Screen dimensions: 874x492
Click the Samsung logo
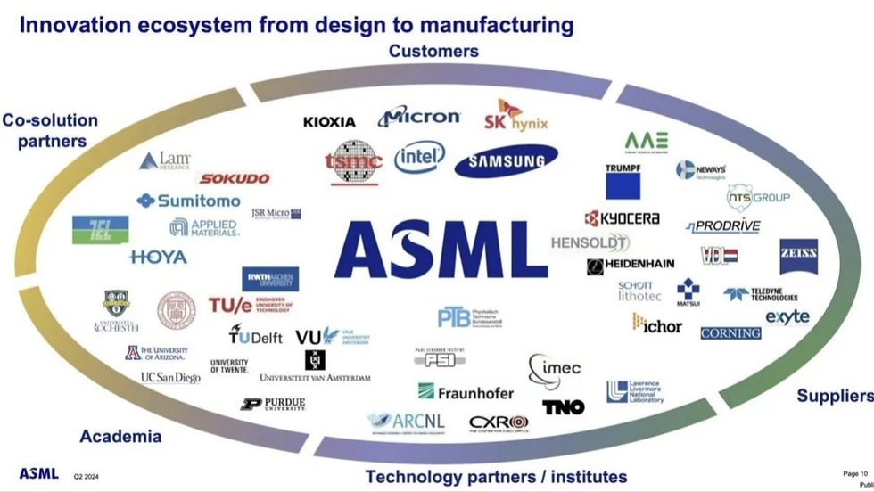click(x=506, y=161)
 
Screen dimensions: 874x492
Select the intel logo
click(x=419, y=159)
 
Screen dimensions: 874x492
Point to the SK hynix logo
click(x=515, y=116)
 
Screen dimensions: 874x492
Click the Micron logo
click(x=418, y=117)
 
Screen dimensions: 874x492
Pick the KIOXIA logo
click(x=329, y=121)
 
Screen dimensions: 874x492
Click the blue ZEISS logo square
click(x=798, y=256)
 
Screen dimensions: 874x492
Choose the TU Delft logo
click(x=256, y=335)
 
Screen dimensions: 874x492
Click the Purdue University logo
click(x=273, y=404)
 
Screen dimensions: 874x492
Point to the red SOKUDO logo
click(x=235, y=178)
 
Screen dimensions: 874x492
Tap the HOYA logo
click(x=158, y=257)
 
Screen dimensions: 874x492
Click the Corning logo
click(x=730, y=333)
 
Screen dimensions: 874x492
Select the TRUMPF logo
click(x=623, y=181)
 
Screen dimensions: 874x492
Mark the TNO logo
click(x=564, y=407)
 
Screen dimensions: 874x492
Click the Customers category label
click(x=433, y=51)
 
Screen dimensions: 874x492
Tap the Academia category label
click(x=120, y=436)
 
